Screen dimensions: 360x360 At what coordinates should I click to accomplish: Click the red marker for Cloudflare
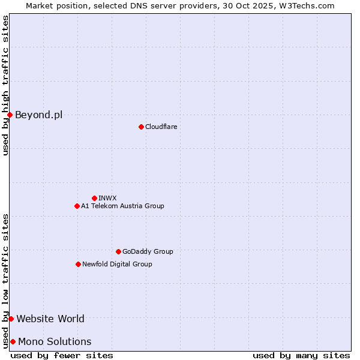coord(141,127)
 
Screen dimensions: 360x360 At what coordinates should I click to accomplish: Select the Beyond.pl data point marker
coord(10,115)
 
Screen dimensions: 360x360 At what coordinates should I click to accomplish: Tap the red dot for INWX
coord(94,198)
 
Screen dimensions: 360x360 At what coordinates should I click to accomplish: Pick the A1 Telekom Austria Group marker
coord(77,206)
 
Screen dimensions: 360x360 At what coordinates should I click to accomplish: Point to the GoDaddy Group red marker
coord(118,251)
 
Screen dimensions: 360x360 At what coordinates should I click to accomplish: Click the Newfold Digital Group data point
coord(78,264)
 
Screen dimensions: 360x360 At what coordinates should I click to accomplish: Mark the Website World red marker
coord(11,319)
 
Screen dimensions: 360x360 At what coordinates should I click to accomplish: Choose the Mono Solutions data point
coord(13,341)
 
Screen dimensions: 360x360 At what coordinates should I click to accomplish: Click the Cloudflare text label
coord(161,127)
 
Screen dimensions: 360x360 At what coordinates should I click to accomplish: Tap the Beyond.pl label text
coord(38,115)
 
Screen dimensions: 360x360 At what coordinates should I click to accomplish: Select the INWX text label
coord(107,198)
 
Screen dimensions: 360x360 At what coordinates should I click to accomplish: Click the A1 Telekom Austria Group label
coord(122,206)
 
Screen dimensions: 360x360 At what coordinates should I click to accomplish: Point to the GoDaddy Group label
coord(148,251)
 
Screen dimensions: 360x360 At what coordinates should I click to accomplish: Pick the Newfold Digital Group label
coord(117,264)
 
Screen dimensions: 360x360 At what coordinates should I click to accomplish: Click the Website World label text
coord(50,319)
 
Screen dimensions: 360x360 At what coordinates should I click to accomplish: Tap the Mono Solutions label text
coord(55,341)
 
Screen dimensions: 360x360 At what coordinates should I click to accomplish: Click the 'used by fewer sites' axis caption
coord(62,355)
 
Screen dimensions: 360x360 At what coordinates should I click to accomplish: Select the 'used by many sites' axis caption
coord(301,355)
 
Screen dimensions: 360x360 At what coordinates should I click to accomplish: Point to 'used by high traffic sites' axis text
coord(5,85)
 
